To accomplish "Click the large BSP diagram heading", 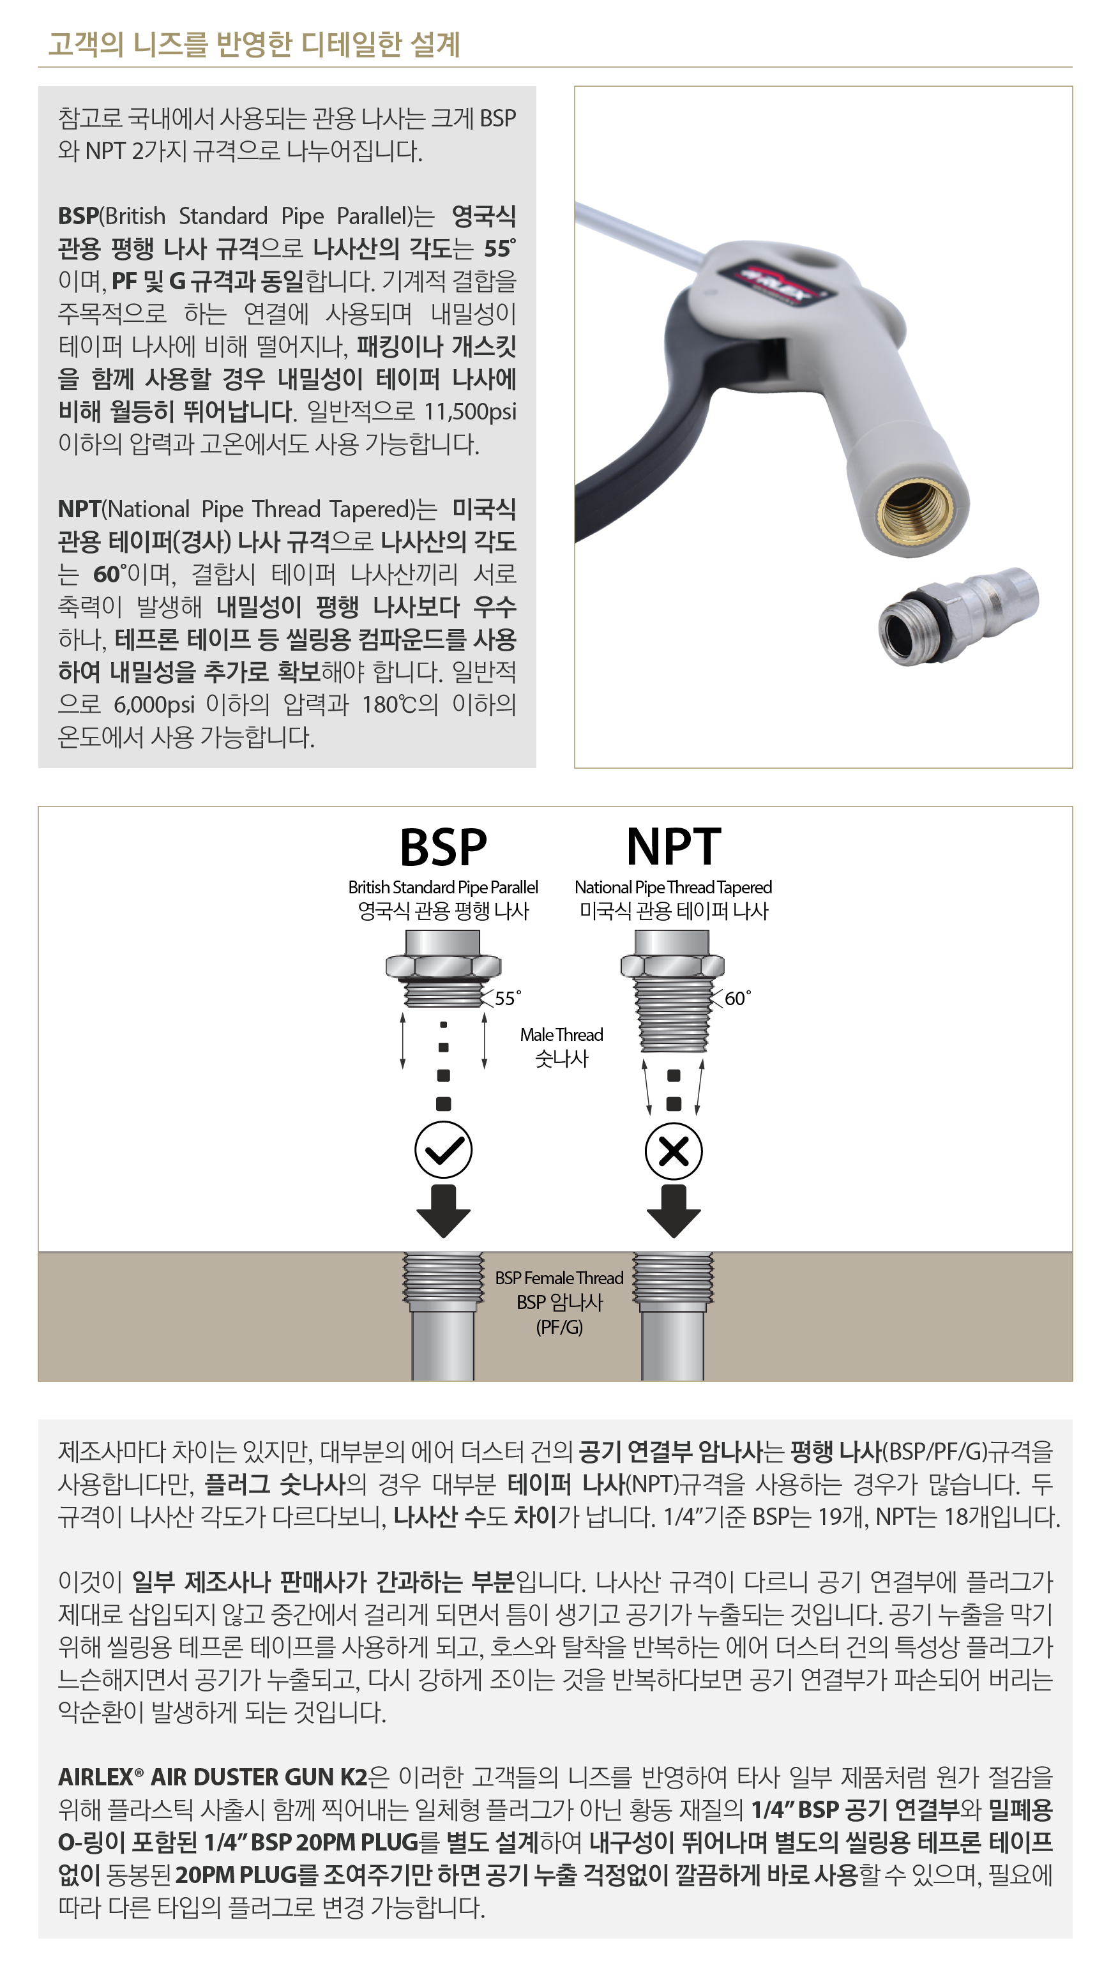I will click(x=443, y=847).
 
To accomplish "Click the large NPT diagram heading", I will click(x=673, y=847).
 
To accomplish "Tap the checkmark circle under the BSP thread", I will click(x=443, y=1150).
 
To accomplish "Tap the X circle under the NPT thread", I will click(x=673, y=1151).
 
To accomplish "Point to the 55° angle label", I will click(x=508, y=998).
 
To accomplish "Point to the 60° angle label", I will click(x=737, y=998).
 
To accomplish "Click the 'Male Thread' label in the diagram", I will click(x=562, y=1034).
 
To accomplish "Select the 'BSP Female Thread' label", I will click(x=559, y=1277).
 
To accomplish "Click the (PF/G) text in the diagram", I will click(x=559, y=1327).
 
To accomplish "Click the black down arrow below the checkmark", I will click(x=443, y=1211).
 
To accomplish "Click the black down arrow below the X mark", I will click(x=673, y=1211).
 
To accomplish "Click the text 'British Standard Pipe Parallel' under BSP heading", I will click(x=443, y=887).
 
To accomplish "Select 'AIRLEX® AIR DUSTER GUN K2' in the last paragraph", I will click(x=213, y=1777).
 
